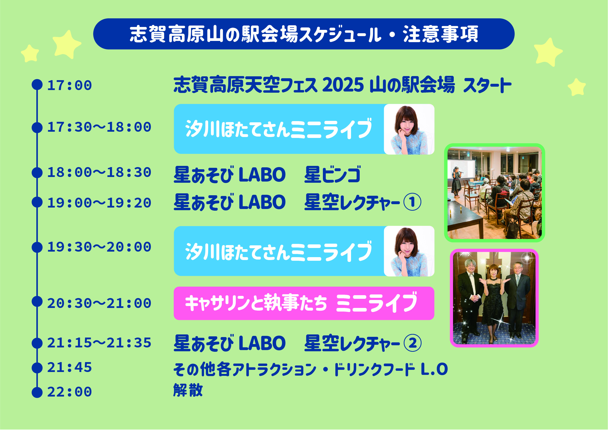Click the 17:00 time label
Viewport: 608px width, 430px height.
tap(69, 85)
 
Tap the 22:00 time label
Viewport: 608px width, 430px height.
tap(69, 392)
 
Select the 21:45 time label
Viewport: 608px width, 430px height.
tap(69, 367)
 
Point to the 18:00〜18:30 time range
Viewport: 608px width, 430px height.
tap(99, 172)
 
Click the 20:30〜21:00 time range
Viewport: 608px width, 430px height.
tap(99, 303)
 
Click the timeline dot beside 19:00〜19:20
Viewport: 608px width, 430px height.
tap(37, 202)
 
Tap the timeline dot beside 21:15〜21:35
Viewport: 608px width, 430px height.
tap(37, 343)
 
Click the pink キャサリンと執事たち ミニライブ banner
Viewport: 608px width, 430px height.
tap(304, 303)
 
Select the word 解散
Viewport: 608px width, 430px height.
tap(188, 390)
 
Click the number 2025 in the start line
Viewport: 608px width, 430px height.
tap(343, 85)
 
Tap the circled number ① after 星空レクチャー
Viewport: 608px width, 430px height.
tap(412, 202)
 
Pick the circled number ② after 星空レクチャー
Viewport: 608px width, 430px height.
tap(412, 343)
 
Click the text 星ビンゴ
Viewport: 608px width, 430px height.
tap(332, 174)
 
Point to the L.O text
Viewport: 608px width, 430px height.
tap(434, 369)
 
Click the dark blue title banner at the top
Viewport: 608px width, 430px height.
tap(304, 34)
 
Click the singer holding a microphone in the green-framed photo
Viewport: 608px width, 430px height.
tap(456, 182)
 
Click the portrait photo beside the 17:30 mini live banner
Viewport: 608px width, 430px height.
tap(409, 129)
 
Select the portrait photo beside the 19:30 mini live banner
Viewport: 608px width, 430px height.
tap(409, 251)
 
